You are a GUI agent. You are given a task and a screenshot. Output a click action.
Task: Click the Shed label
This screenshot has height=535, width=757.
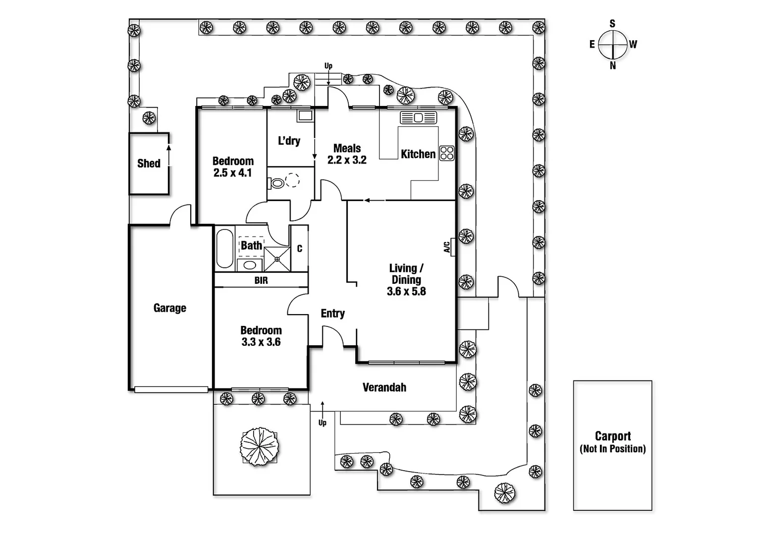(149, 163)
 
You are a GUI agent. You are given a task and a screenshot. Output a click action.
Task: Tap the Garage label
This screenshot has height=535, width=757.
(169, 308)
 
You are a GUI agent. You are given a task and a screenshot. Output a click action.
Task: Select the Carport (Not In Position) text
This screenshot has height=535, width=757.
(613, 442)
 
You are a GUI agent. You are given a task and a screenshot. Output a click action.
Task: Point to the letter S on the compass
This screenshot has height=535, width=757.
(612, 23)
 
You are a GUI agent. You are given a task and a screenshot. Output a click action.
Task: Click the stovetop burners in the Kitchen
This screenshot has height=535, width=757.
(447, 153)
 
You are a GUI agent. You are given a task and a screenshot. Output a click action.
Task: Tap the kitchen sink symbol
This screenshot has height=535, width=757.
(418, 117)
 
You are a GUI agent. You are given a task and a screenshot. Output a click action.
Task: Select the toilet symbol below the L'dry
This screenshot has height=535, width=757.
(276, 183)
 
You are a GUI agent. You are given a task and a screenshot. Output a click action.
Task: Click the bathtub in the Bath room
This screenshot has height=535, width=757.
(225, 248)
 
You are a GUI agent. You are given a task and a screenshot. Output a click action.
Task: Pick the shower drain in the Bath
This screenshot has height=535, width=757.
(277, 259)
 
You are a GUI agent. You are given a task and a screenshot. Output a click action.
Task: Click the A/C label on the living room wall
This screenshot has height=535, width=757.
(447, 247)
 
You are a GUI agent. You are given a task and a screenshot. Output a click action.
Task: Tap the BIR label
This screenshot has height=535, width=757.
(261, 280)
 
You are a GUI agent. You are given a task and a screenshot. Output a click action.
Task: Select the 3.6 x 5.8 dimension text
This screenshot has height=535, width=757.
(406, 291)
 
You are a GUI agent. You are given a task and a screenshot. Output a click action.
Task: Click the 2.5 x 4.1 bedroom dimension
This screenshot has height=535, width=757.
(232, 173)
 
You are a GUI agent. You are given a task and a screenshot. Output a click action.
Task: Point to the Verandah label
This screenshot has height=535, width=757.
(384, 387)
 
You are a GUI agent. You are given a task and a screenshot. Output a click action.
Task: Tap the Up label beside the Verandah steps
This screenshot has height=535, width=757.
(323, 423)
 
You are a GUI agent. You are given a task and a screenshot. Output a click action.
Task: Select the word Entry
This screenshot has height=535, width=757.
(332, 314)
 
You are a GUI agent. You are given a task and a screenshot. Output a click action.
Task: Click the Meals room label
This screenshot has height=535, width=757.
(347, 148)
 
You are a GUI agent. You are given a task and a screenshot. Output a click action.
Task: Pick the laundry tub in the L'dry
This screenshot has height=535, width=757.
(306, 115)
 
